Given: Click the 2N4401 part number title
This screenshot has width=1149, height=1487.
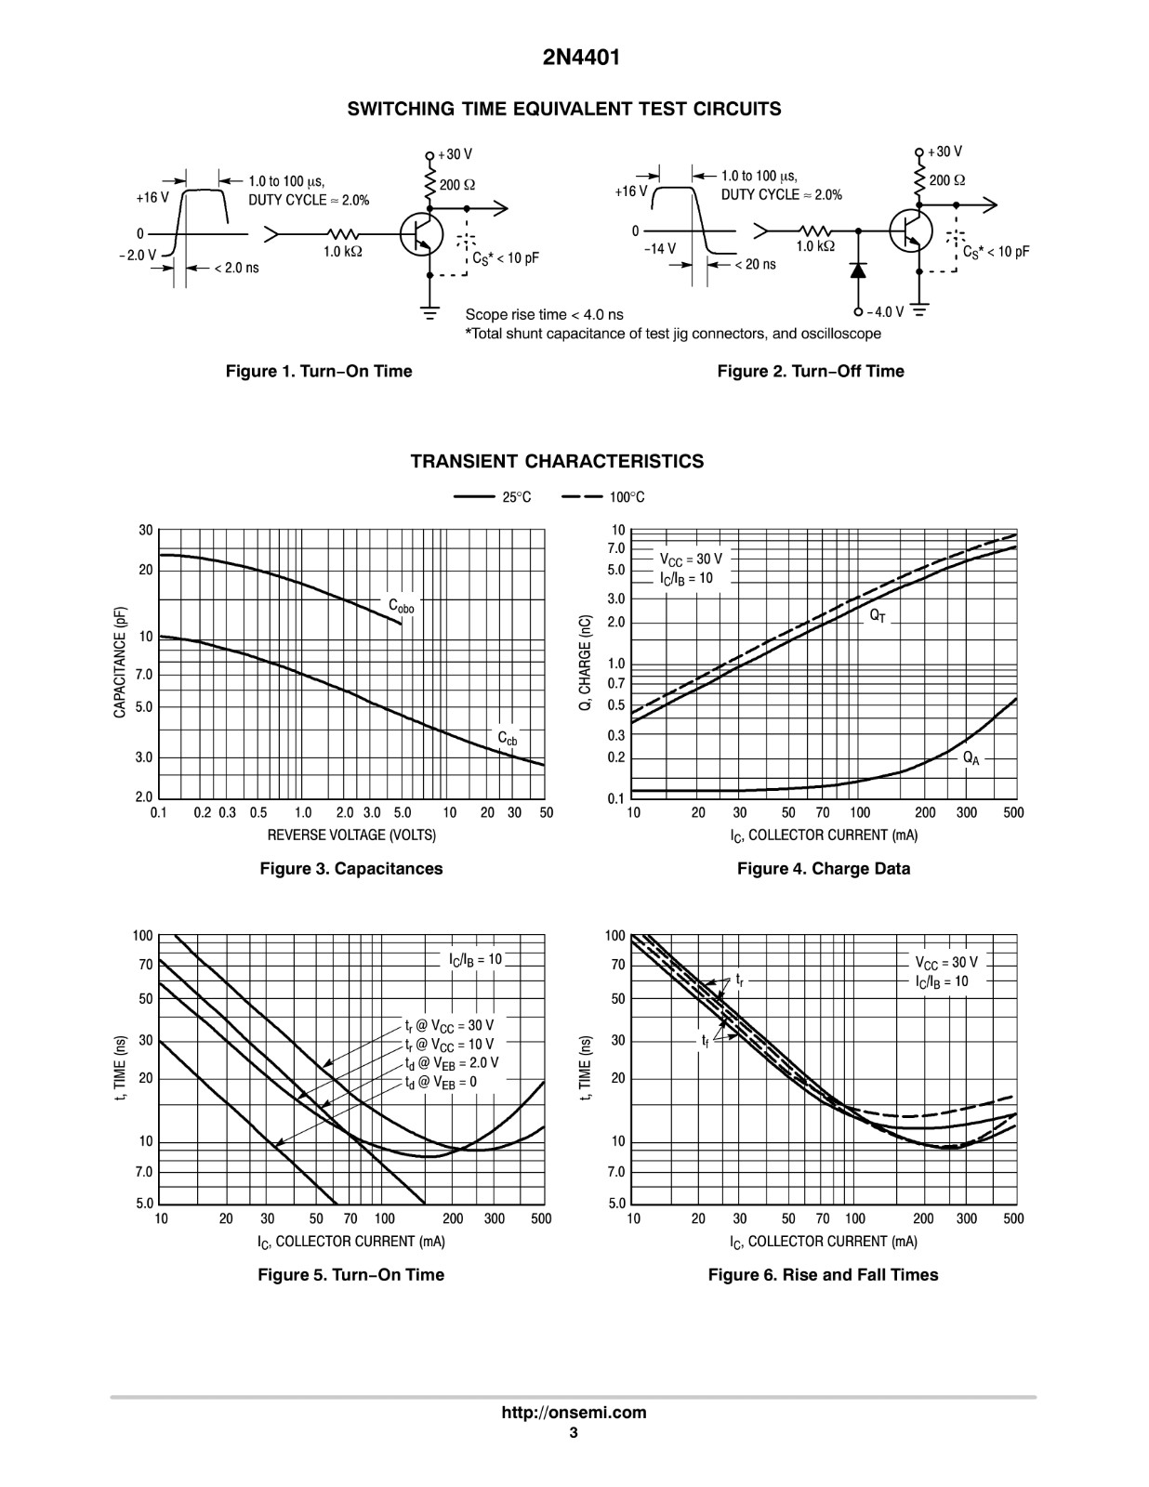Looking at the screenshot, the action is pos(581,58).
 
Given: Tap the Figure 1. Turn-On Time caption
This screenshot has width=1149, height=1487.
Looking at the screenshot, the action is pos(319,371).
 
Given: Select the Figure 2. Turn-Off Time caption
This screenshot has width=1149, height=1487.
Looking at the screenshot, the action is pos(811,371).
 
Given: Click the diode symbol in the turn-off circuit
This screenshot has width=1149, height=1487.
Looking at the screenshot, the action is pos(857,270).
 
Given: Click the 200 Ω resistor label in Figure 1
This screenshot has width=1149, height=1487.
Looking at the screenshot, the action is pos(457,185).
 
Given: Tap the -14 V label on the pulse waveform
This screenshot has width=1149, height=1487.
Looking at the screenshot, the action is pos(660,248).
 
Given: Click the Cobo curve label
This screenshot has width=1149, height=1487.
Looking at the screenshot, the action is pos(401,606).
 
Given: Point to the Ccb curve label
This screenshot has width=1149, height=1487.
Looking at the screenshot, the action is pos(507,738).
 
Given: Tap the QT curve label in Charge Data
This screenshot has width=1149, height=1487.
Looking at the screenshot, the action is pos(878,616).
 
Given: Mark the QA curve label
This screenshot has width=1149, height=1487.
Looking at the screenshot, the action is pos(971,758).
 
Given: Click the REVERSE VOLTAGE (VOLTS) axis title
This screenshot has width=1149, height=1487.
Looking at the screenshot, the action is pos(351,835).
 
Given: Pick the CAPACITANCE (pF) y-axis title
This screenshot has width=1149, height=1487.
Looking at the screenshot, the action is pos(120,663).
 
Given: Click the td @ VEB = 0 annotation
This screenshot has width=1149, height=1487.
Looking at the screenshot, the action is pos(441,1083).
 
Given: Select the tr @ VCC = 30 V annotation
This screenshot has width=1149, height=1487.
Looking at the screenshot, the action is pos(449,1025).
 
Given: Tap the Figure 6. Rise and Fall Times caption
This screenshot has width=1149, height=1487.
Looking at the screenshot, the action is pos(824,1275).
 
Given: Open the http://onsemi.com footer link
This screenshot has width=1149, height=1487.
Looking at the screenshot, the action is pos(574,1413).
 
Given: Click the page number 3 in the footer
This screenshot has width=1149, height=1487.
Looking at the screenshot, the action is pos(574,1431).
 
